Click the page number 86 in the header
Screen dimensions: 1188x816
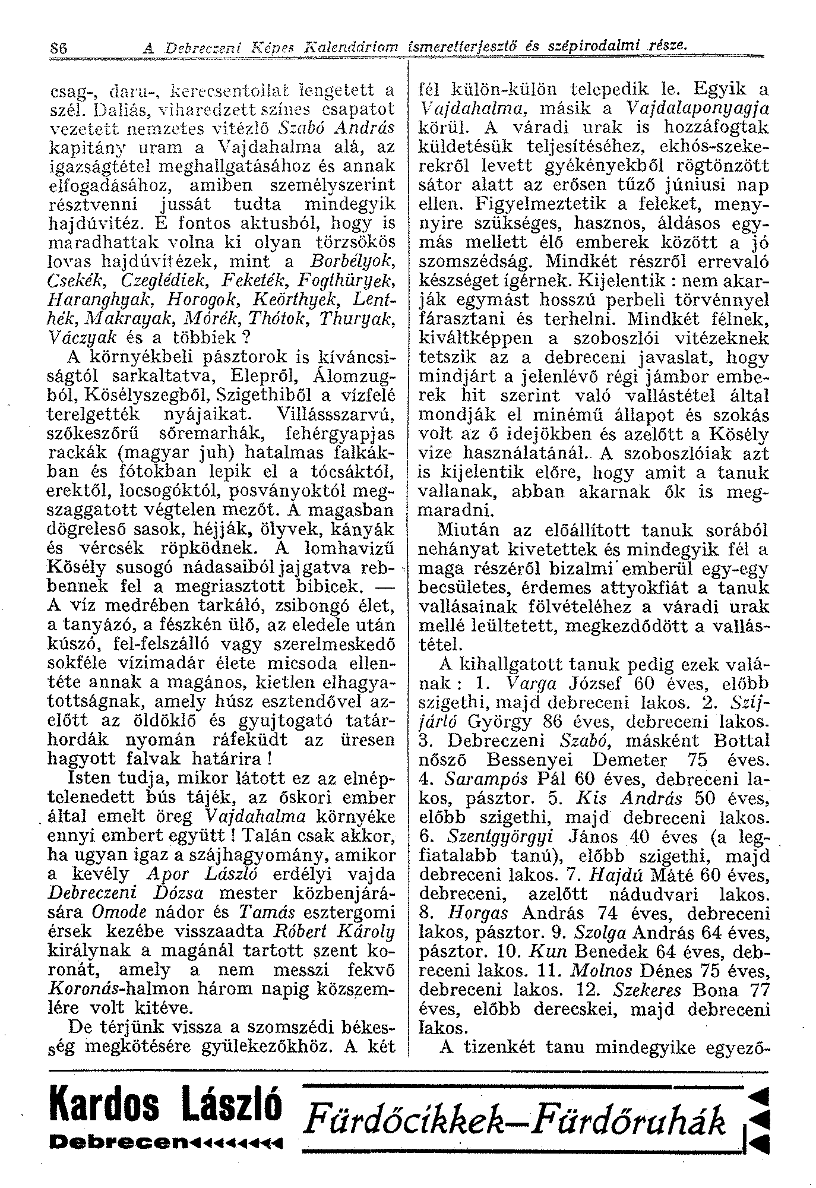[x=59, y=46]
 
